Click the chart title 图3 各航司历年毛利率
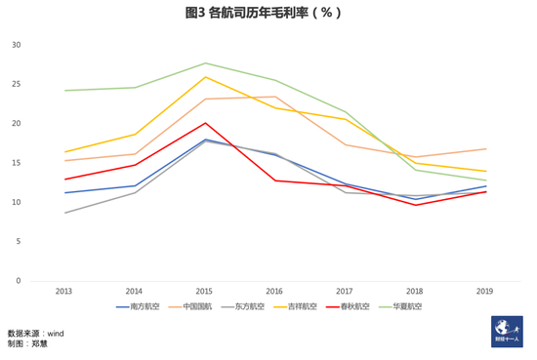[263, 14]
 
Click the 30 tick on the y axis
[16, 45]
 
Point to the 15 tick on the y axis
[16, 163]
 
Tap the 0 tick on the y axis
[18, 281]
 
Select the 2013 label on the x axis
[63, 291]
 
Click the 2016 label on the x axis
[274, 291]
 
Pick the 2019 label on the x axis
[485, 291]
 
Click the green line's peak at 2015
[205, 63]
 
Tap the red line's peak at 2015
[205, 123]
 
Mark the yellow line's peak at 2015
[205, 77]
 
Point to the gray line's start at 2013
[64, 213]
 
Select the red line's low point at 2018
[416, 205]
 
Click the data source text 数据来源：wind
[35, 333]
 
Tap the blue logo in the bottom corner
[507, 332]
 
